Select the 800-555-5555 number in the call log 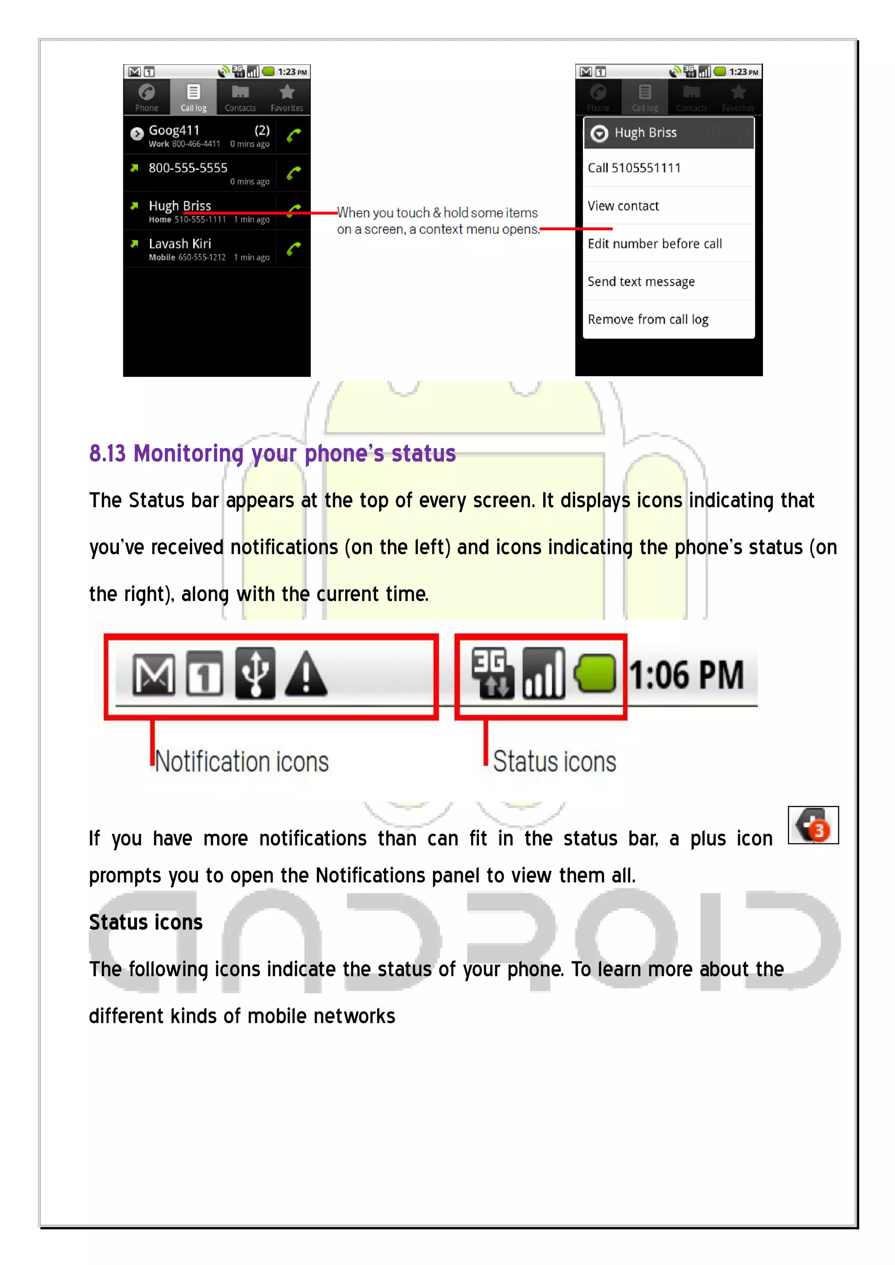pos(188,168)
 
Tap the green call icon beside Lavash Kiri pos(294,249)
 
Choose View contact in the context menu pos(623,206)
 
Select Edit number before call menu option pos(654,244)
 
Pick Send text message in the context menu pos(641,282)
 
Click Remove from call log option pos(648,320)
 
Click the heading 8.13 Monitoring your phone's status pos(272,453)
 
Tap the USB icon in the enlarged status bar pos(255,673)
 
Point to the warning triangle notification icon pos(306,674)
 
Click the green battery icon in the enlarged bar pos(595,673)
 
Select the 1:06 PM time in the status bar pos(687,674)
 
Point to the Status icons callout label pos(555,761)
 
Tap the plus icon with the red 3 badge pos(813,825)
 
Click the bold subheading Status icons pos(146,922)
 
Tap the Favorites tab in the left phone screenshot pos(287,97)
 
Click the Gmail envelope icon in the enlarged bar pos(154,674)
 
